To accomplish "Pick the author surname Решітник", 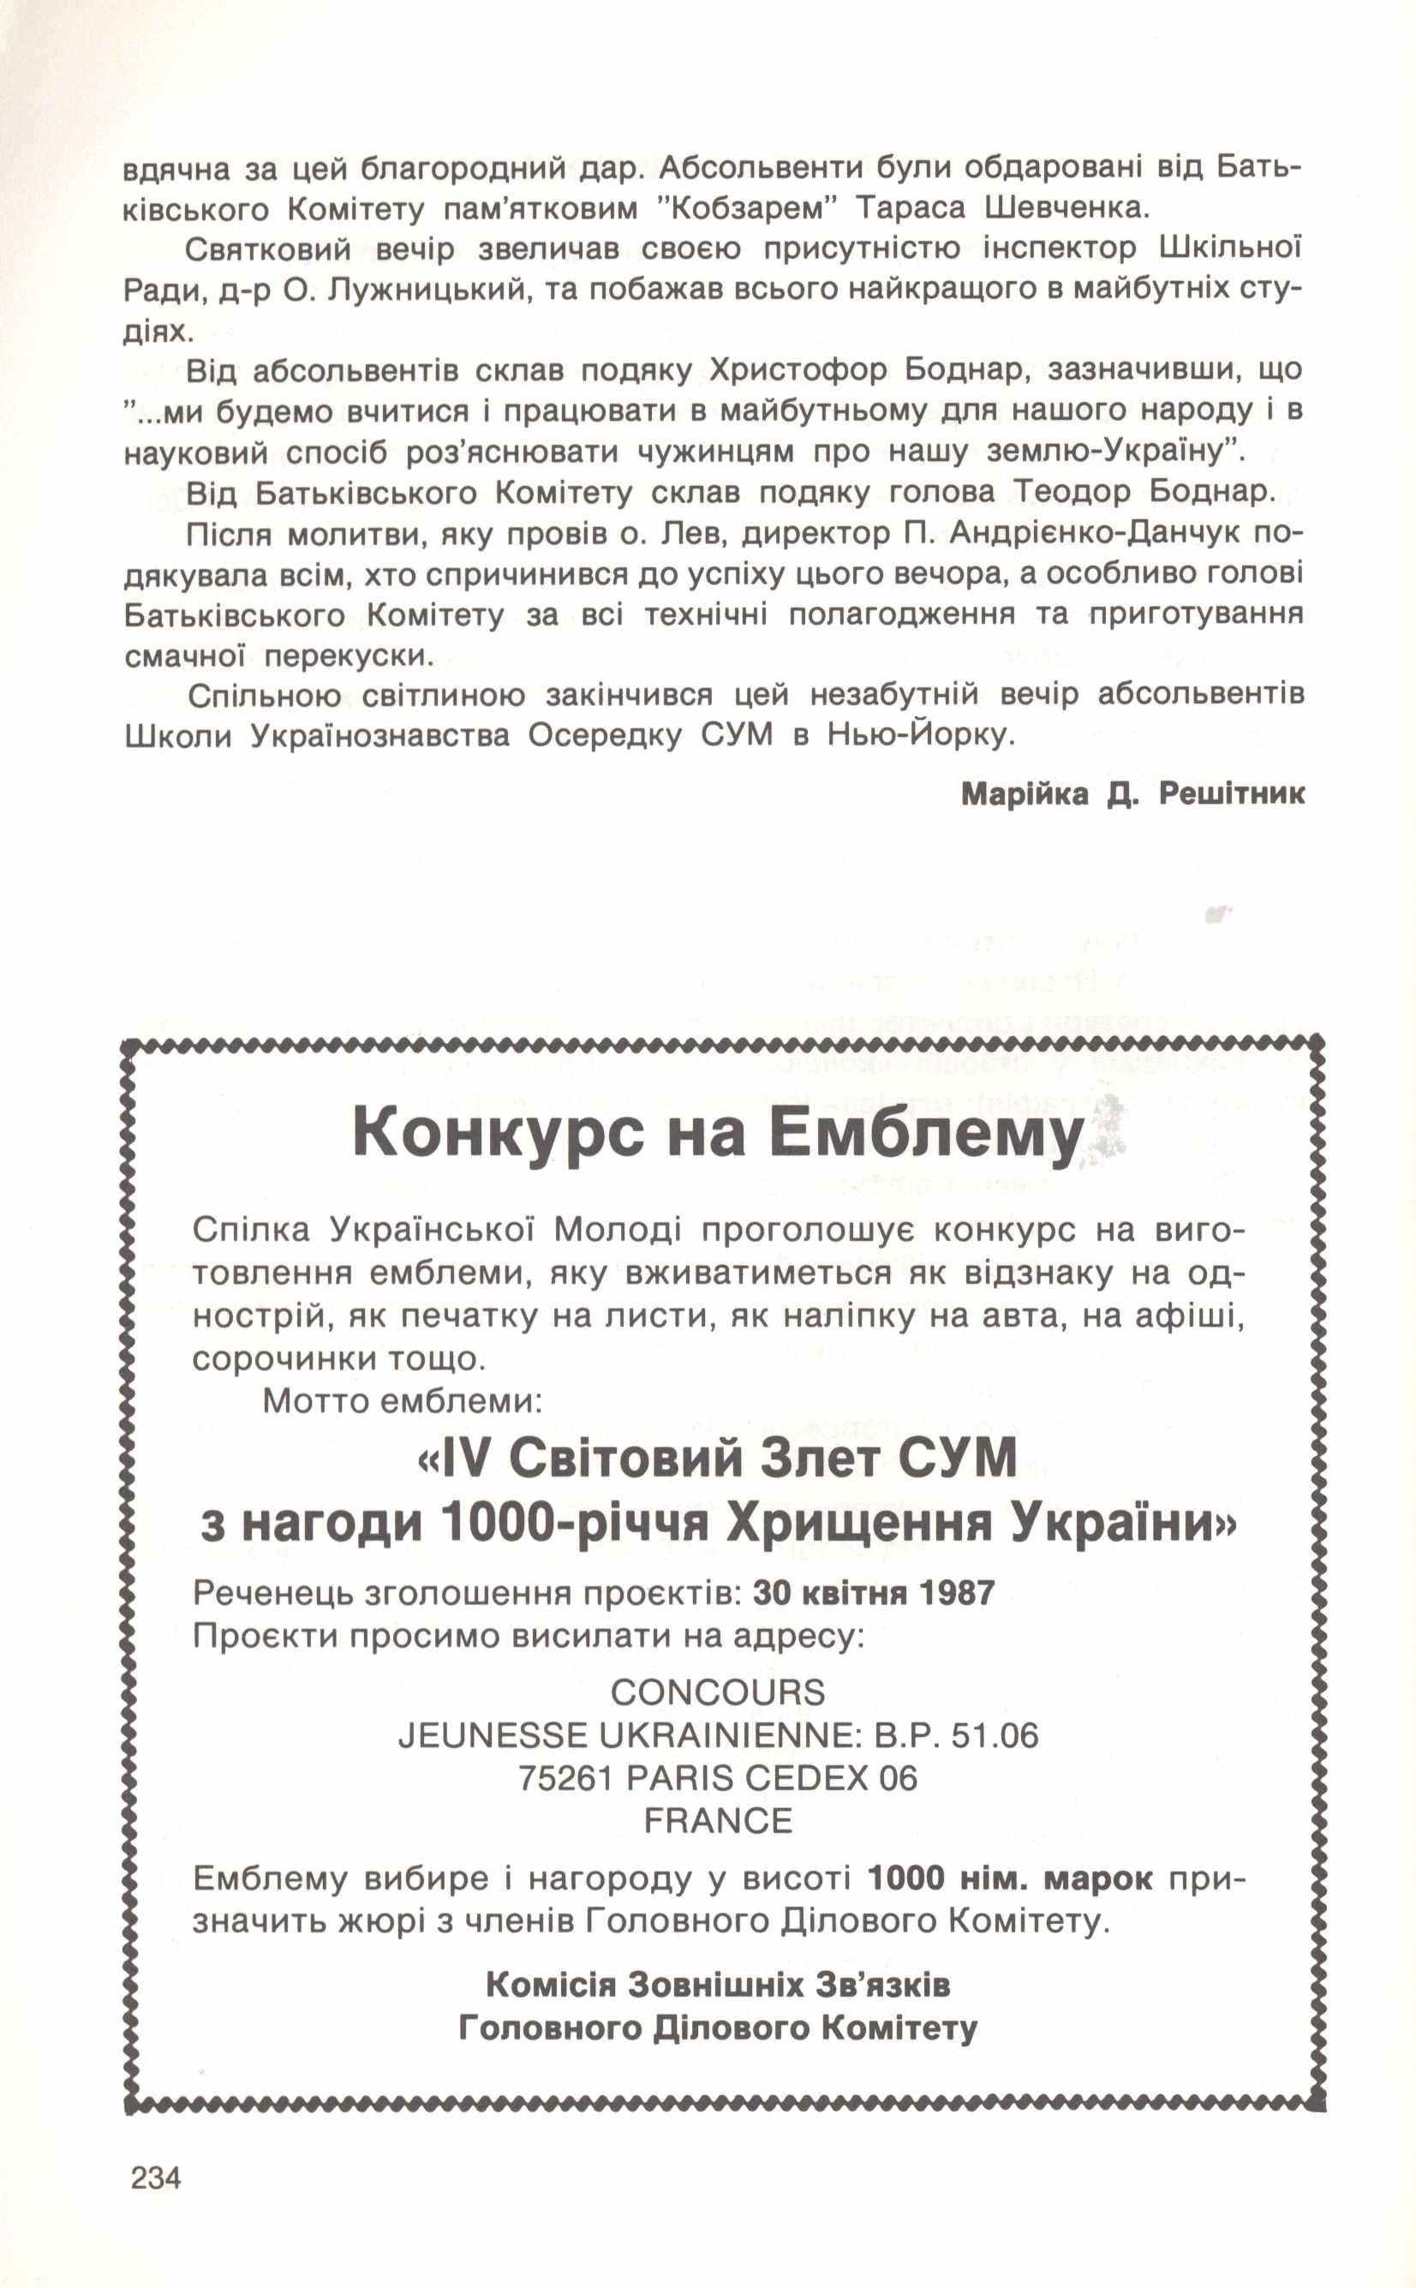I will (x=1232, y=794).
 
